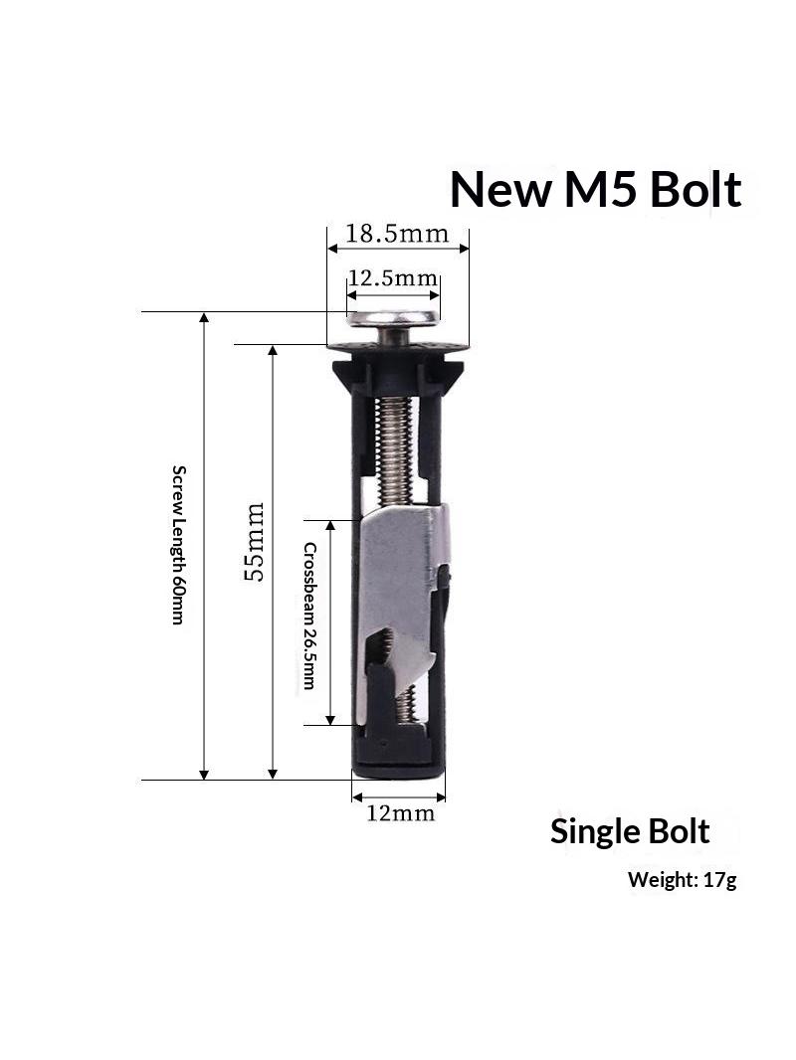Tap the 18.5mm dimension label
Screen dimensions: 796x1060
point(397,234)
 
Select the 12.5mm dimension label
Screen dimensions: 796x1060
point(393,277)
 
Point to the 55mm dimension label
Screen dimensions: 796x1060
point(255,542)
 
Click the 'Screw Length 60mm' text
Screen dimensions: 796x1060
point(178,544)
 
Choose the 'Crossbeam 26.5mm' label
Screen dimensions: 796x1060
point(309,616)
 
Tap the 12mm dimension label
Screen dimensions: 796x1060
point(400,812)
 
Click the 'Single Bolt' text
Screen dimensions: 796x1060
point(630,831)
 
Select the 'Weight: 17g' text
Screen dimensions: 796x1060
point(682,879)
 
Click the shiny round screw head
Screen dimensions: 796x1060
point(392,318)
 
